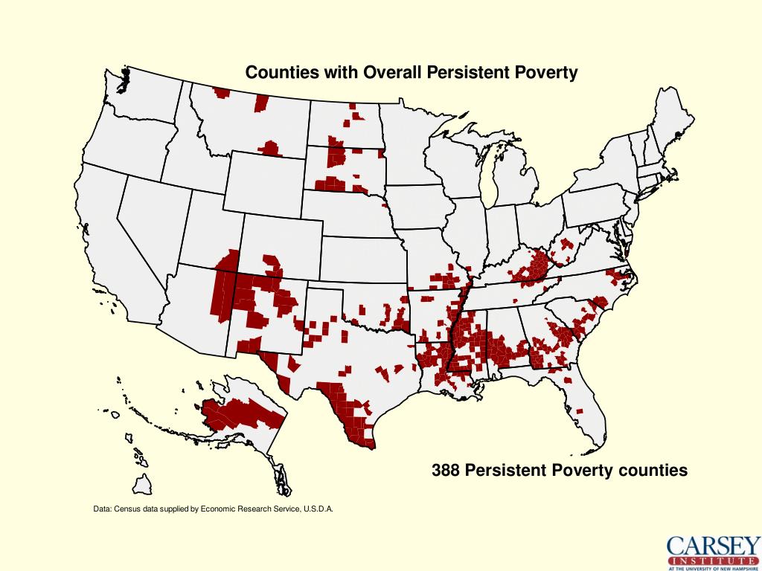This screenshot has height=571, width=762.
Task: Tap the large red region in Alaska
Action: [x=238, y=413]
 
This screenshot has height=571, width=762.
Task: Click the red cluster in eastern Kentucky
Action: [x=537, y=268]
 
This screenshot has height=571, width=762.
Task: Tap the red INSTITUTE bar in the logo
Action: [x=714, y=560]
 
